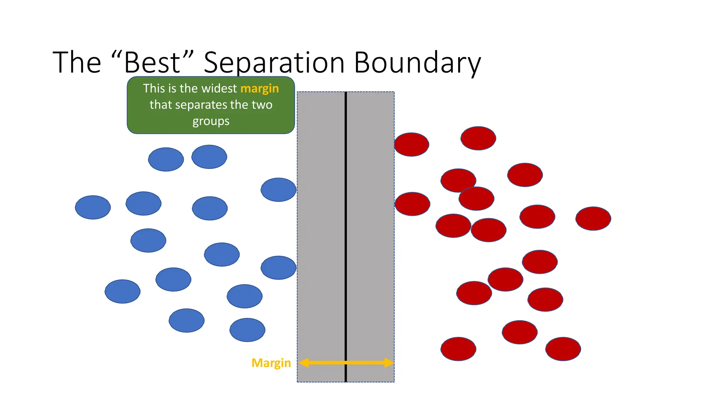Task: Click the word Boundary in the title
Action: (x=417, y=63)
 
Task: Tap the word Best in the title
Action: (x=152, y=63)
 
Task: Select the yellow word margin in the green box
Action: (x=259, y=88)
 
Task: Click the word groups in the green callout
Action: (x=211, y=121)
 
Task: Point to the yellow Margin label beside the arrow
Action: (x=271, y=363)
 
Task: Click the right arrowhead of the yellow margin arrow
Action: (x=389, y=362)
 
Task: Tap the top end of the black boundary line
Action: (x=346, y=93)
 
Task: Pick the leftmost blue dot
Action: (x=93, y=207)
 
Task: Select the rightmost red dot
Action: (x=593, y=219)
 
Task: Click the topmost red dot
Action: (x=478, y=138)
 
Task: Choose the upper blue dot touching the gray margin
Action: (x=278, y=190)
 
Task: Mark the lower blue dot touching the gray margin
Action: (x=278, y=268)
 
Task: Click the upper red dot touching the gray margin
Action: (x=411, y=144)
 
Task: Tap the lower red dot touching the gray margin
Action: (x=412, y=204)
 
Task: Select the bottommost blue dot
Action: (x=247, y=330)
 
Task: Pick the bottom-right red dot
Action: (x=563, y=349)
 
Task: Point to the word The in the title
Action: (x=77, y=63)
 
